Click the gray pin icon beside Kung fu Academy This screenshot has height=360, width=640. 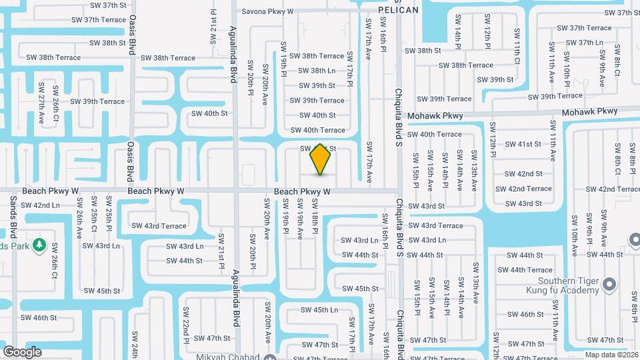pyautogui.click(x=608, y=285)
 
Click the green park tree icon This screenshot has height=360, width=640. pyautogui.click(x=39, y=245)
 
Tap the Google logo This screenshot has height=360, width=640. pyautogui.click(x=22, y=352)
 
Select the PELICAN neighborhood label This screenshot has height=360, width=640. pyautogui.click(x=398, y=10)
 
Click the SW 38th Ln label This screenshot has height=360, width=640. pyautogui.click(x=317, y=71)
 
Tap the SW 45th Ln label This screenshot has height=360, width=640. pyautogui.click(x=319, y=310)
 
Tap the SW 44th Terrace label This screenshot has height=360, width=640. pyautogui.click(x=531, y=270)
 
